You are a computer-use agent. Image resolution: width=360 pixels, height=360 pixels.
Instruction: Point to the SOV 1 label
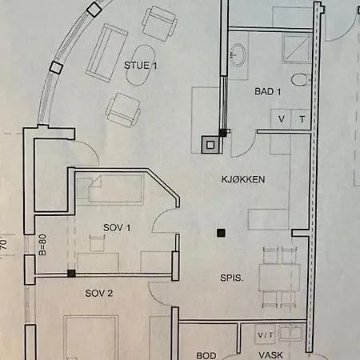117,229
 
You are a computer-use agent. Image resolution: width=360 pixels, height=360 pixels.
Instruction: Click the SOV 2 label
99,294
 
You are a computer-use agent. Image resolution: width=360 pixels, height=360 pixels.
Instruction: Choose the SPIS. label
234,278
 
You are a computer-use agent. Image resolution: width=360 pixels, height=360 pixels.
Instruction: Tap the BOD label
206,354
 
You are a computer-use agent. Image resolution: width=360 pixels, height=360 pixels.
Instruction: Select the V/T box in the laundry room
265,334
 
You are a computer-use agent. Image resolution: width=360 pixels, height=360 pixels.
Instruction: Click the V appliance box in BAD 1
282,119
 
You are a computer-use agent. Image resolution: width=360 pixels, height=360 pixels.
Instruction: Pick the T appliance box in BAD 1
302,119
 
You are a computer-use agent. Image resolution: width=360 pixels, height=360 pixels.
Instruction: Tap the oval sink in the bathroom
238,54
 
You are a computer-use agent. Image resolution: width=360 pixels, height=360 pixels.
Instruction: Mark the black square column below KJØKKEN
220,234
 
